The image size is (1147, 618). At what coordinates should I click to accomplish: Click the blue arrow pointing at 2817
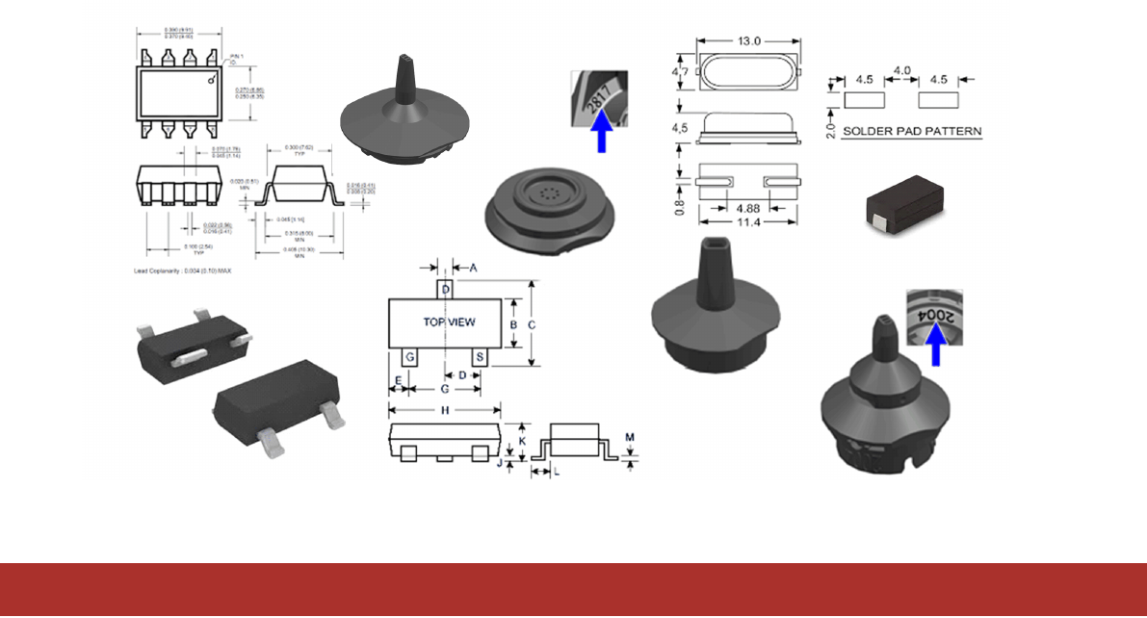[x=603, y=132]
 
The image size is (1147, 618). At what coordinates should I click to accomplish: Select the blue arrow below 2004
[x=933, y=347]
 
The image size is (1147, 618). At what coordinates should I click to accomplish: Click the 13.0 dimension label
[x=748, y=41]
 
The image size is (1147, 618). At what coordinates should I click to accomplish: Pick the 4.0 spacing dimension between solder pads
[x=901, y=72]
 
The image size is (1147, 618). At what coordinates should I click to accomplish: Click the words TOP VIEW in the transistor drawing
[x=449, y=322]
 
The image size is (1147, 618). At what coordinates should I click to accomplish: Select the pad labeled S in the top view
[x=481, y=357]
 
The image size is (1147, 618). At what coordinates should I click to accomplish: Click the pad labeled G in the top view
[x=410, y=357]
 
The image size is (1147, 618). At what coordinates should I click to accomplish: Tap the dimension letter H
[x=445, y=409]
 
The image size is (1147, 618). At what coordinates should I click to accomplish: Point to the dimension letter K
[x=523, y=439]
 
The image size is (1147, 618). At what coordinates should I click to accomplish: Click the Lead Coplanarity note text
[x=183, y=271]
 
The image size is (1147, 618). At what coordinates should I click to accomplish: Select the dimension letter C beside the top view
[x=532, y=324]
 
